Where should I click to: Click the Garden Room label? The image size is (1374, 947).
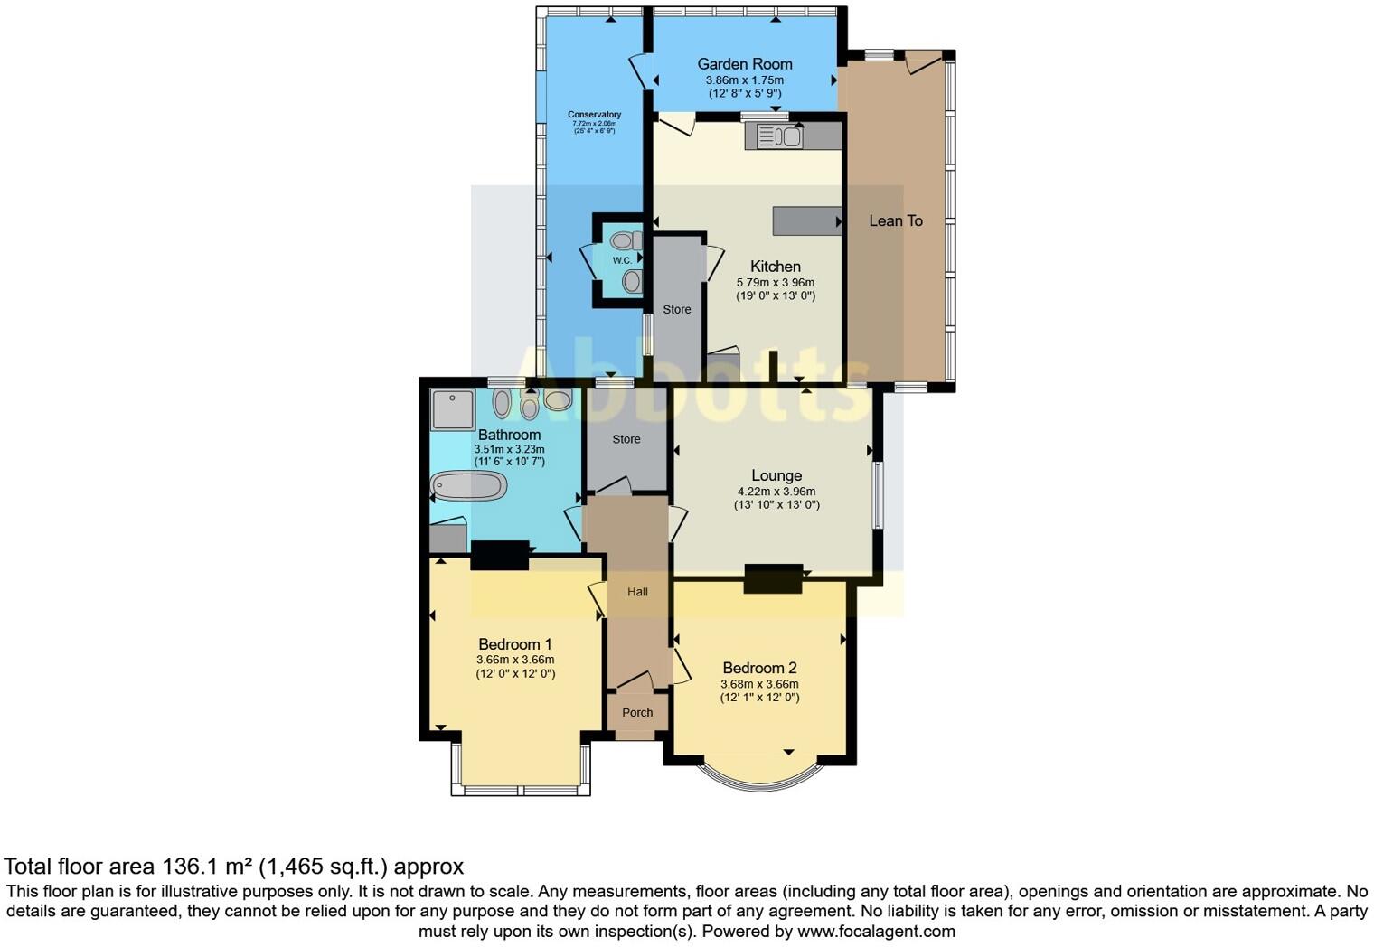click(744, 64)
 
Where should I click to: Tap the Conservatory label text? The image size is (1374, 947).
click(594, 115)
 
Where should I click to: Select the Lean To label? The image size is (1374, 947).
click(895, 220)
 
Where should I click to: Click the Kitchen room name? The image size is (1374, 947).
click(775, 267)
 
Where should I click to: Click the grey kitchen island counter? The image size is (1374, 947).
click(805, 220)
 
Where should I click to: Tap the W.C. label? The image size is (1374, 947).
click(622, 261)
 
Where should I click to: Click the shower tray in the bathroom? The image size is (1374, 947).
click(452, 409)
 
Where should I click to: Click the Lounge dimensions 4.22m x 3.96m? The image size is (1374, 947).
click(776, 492)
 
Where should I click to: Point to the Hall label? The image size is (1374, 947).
click(637, 592)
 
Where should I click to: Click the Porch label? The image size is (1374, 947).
click(637, 713)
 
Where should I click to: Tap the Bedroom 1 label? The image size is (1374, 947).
click(514, 644)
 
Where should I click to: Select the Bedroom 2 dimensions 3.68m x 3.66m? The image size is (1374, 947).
click(759, 684)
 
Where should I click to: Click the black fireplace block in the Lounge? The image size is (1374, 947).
click(773, 578)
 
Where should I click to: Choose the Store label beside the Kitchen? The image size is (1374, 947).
click(676, 310)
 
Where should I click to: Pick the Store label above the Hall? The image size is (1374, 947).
click(626, 439)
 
